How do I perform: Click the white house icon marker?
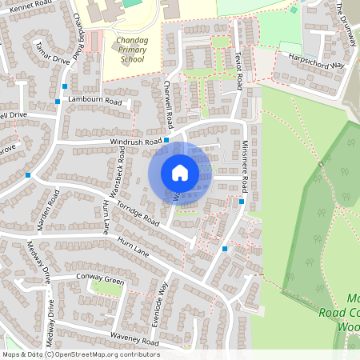(x=180, y=173)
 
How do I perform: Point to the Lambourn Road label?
(x=94, y=100)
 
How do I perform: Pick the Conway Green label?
(x=101, y=281)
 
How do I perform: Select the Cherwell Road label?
(x=168, y=106)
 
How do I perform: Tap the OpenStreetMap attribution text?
(x=80, y=354)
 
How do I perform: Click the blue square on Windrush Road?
(x=166, y=140)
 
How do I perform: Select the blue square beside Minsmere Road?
(x=242, y=202)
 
